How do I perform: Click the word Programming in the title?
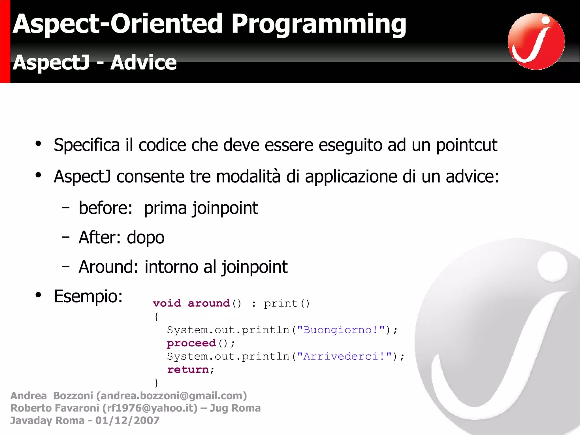[x=319, y=25]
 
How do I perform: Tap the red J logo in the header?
[x=536, y=41]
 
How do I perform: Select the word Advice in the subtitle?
[x=143, y=63]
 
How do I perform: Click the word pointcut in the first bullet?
[x=466, y=145]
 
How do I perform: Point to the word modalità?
[x=248, y=177]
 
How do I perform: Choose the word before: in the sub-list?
[x=105, y=208]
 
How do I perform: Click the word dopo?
[x=146, y=238]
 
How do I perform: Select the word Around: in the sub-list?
[x=108, y=267]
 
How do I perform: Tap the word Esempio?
[x=88, y=296]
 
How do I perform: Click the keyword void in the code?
[x=167, y=304]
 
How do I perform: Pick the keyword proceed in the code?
[x=191, y=343]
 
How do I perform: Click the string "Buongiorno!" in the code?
[x=341, y=330]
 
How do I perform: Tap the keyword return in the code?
[x=188, y=370]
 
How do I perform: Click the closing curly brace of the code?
[x=156, y=383]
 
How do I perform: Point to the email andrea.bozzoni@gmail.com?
[x=172, y=396]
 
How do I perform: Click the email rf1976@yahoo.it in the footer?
[x=150, y=408]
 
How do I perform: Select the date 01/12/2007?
[x=127, y=421]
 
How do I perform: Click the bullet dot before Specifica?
[x=38, y=144]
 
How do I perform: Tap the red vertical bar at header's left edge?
[x=5, y=41]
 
